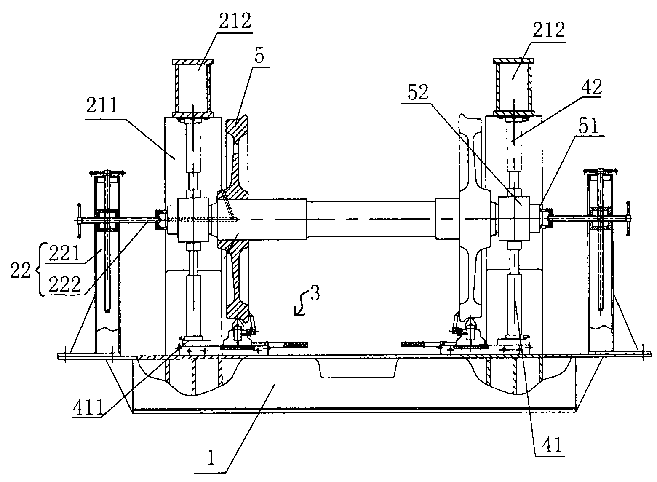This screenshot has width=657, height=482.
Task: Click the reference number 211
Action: tap(102, 106)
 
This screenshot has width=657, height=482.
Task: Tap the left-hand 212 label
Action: tap(235, 21)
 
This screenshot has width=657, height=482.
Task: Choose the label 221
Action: tap(64, 253)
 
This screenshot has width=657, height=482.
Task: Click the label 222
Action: tap(64, 284)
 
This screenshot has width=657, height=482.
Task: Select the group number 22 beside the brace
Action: tap(20, 270)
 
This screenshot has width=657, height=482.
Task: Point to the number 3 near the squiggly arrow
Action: tap(315, 293)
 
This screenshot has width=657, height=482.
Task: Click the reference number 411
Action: tap(88, 407)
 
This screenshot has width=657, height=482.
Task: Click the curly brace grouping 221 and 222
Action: tap(39, 269)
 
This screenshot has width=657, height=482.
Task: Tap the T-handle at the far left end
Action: tap(79, 220)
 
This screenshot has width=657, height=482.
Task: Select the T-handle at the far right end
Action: tap(628, 218)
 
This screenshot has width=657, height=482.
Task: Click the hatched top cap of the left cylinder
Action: tap(192, 62)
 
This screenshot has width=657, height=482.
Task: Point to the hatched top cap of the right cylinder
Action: tap(513, 61)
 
